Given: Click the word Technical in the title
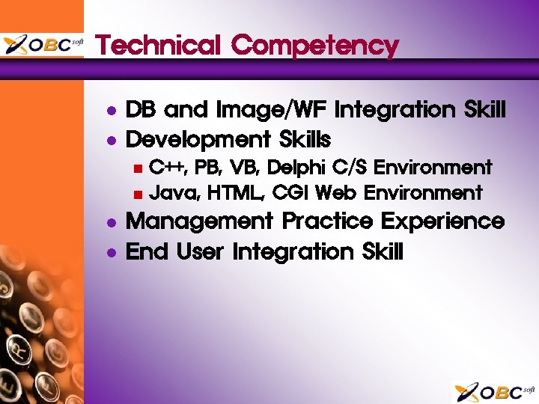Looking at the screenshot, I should click(x=159, y=46).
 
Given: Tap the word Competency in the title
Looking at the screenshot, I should click(x=315, y=46).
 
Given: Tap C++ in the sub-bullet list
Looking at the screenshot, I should click(x=167, y=167).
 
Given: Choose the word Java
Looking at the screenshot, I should click(x=173, y=194).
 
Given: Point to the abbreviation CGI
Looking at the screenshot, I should click(x=290, y=193).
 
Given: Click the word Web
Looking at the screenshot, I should click(x=336, y=193).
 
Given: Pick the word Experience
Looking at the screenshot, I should click(x=442, y=222).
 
